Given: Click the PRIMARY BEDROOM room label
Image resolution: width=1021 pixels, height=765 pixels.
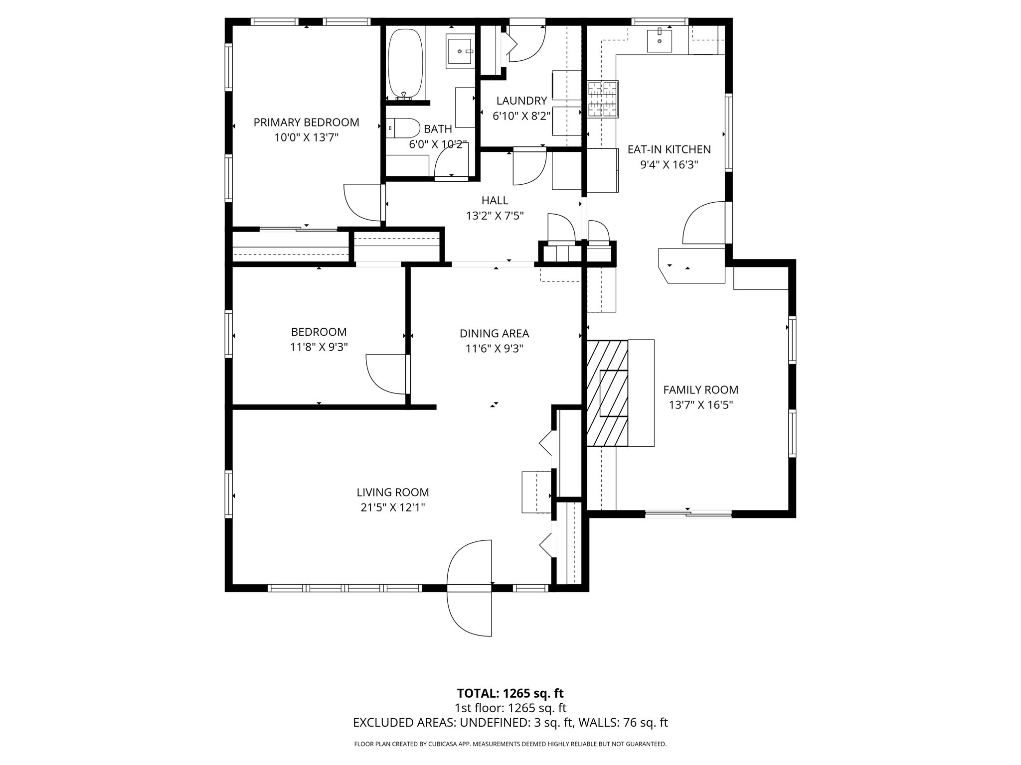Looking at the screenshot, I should [306, 123].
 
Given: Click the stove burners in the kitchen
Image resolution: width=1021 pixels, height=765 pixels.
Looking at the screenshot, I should [603, 100].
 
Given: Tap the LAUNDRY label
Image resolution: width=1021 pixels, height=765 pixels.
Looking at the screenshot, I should [521, 101].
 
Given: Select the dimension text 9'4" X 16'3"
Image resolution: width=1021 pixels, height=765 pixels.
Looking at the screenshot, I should [669, 165].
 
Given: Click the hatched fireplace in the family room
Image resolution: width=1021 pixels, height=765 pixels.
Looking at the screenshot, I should [607, 393].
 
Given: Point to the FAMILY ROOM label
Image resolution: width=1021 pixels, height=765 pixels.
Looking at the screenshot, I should [700, 390].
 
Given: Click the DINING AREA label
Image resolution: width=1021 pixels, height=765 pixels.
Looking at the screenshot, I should [494, 334].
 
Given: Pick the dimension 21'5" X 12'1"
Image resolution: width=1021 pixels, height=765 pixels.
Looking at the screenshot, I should [393, 508].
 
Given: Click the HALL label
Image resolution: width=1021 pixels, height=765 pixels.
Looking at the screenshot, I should [495, 201].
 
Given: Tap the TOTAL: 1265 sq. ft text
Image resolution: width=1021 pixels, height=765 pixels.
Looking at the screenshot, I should [510, 693].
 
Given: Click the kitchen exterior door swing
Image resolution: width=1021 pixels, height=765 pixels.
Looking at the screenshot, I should [704, 223].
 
